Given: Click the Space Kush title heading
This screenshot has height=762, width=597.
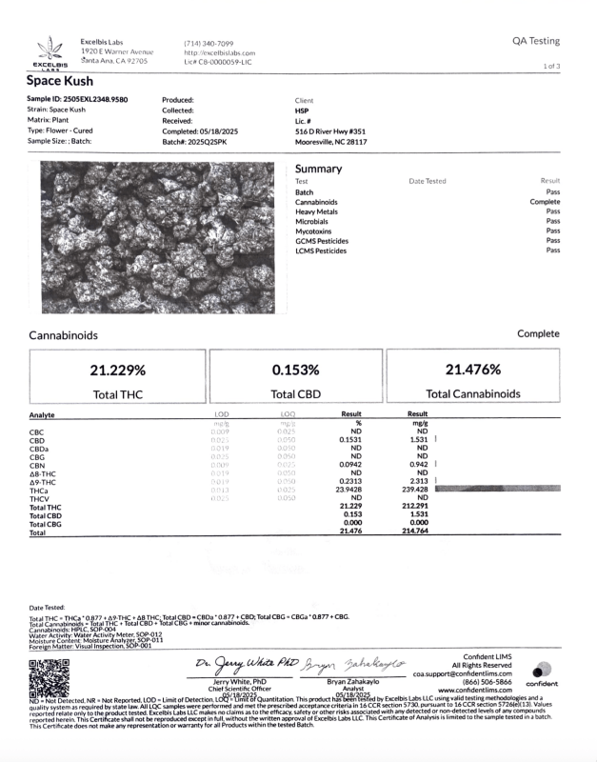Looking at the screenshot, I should click(59, 82).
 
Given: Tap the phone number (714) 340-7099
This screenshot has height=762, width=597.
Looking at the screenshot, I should click(208, 43).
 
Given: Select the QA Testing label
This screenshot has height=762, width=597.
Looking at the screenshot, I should click(535, 41).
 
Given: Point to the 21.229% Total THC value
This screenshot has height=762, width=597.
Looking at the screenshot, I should click(118, 370).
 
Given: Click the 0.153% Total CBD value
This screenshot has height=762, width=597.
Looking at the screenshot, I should click(295, 370).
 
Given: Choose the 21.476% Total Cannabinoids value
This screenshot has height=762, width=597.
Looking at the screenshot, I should click(472, 370).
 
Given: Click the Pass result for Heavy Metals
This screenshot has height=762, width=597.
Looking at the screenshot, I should click(552, 211).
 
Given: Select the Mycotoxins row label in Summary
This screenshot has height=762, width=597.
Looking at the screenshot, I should click(315, 231).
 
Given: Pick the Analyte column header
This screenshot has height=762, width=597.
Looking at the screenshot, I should click(42, 414).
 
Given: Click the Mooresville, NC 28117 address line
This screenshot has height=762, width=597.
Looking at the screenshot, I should click(331, 142).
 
